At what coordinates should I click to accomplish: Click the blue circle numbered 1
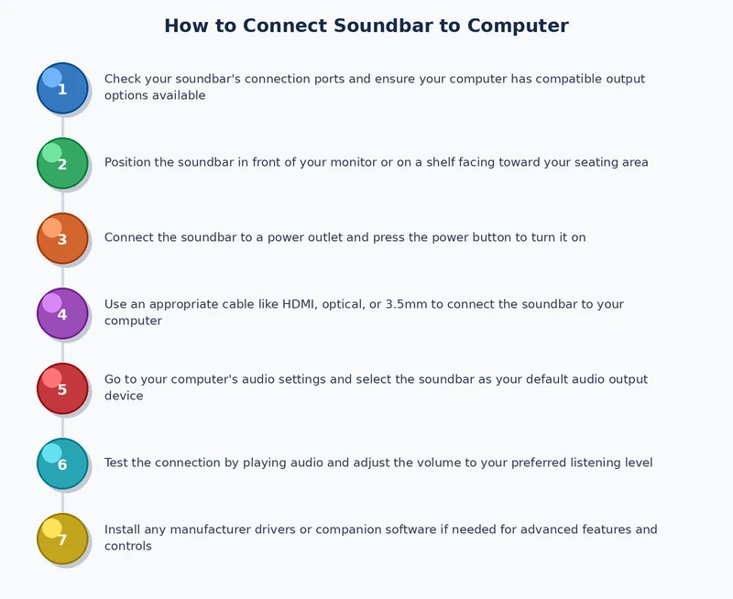pyautogui.click(x=62, y=88)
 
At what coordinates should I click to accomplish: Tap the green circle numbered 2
pyautogui.click(x=62, y=163)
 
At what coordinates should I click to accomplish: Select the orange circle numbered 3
pyautogui.click(x=62, y=238)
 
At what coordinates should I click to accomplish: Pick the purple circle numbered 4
pyautogui.click(x=62, y=313)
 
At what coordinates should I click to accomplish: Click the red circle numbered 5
pyautogui.click(x=62, y=388)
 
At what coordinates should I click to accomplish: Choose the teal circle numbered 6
pyautogui.click(x=62, y=463)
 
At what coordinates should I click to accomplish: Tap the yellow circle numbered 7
pyautogui.click(x=62, y=539)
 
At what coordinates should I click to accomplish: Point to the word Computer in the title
pyautogui.click(x=518, y=26)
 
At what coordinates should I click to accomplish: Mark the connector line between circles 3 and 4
pyautogui.click(x=62, y=276)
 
